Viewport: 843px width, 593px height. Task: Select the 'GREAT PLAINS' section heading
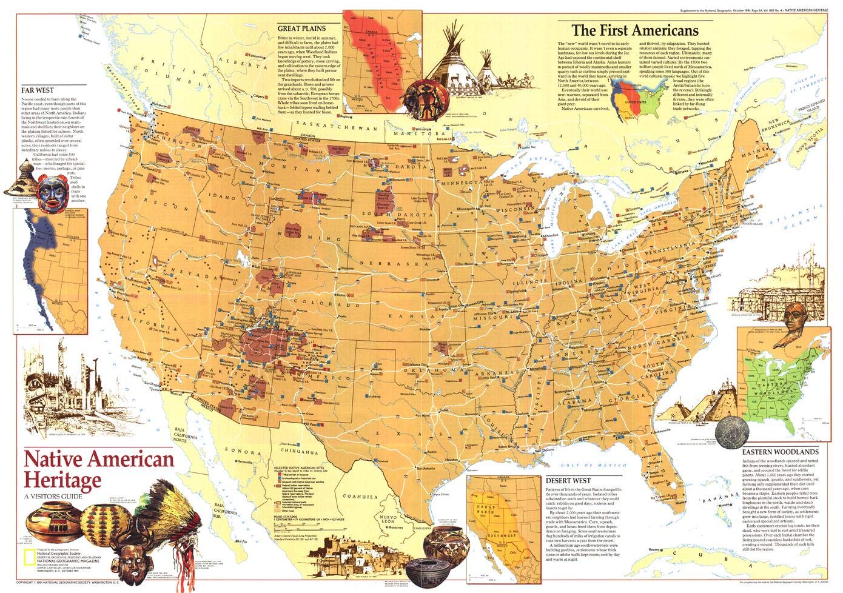click(301, 28)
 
